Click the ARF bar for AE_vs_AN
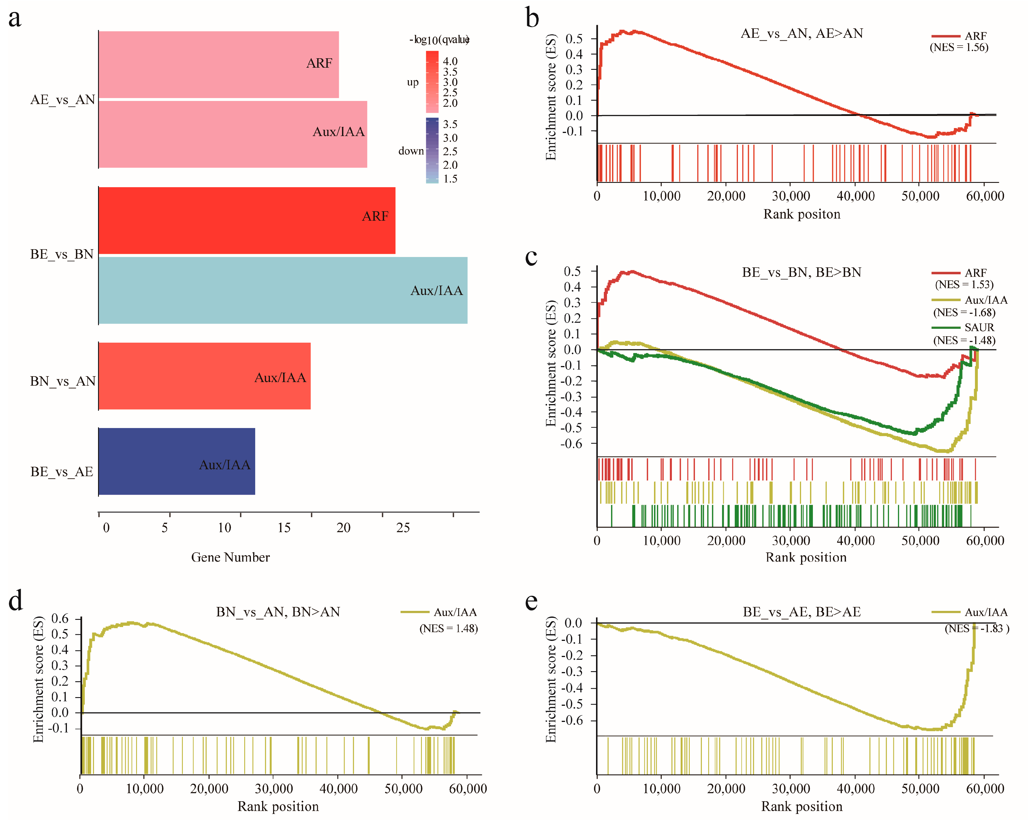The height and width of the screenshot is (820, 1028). (218, 64)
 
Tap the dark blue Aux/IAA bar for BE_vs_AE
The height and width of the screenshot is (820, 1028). (176, 461)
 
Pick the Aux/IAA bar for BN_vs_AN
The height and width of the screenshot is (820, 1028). (204, 376)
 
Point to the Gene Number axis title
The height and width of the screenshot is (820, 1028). (230, 557)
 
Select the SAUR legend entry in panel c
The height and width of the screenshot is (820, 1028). (979, 327)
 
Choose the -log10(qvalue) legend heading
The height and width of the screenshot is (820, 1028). (439, 40)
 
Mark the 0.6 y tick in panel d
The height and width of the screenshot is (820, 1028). (60, 619)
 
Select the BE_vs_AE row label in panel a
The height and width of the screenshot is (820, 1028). (61, 472)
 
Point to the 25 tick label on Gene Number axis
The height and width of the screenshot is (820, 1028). (403, 528)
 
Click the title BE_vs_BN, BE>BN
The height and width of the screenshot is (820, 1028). (802, 272)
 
